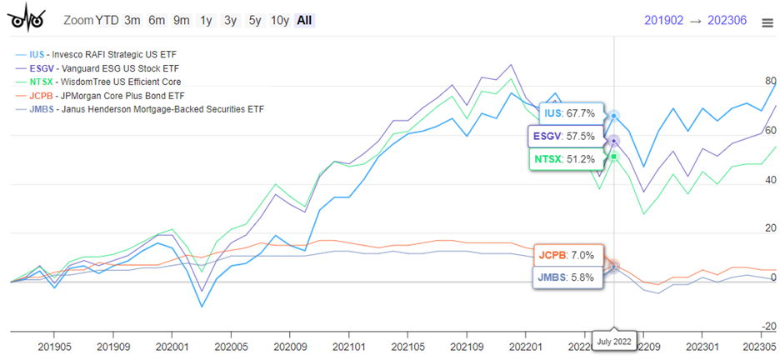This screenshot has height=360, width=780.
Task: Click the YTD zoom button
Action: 107,20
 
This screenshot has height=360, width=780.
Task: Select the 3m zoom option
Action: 132,20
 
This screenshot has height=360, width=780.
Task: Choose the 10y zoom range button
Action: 279,20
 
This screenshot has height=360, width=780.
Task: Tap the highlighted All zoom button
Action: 304,20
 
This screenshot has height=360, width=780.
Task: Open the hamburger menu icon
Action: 767,23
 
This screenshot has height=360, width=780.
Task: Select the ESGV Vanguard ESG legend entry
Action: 105,68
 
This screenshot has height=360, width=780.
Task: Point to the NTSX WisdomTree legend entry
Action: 105,82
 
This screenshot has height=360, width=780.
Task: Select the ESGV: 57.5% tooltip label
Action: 563,136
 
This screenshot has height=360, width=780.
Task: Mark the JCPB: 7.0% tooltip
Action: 567,255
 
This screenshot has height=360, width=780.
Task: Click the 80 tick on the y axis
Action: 769,82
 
